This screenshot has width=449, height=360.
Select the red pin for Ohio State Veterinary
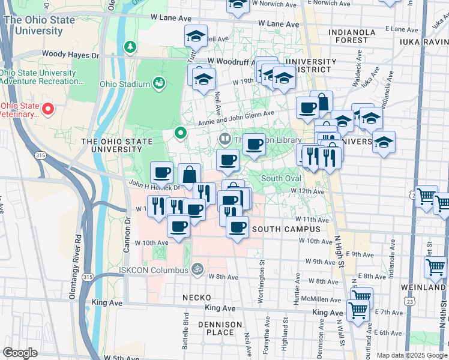[47, 109]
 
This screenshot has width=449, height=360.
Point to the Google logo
[20, 352]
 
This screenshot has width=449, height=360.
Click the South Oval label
[280, 178]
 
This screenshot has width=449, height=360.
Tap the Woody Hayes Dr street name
[70, 55]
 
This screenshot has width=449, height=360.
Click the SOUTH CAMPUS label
[282, 229]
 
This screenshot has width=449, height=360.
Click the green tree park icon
[130, 46]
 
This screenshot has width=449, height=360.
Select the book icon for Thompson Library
[224, 139]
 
